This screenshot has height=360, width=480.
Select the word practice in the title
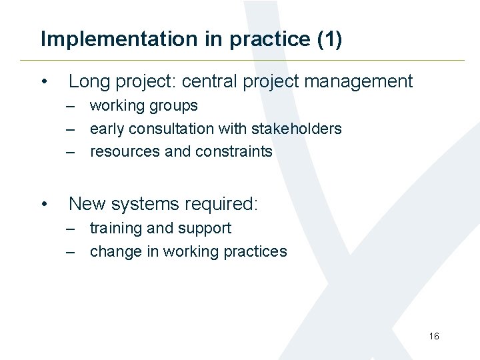click(269, 39)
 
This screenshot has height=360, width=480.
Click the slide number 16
click(434, 337)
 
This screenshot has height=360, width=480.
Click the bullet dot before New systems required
click(43, 204)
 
